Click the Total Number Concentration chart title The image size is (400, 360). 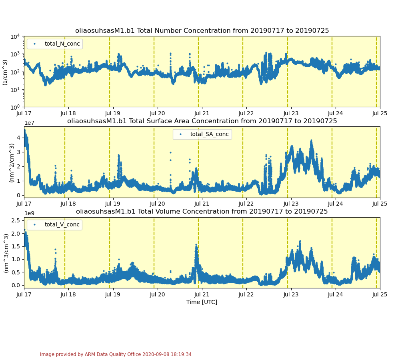202,31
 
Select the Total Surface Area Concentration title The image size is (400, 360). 202,121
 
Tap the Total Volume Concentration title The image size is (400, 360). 202,211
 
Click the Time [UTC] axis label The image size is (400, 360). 202,302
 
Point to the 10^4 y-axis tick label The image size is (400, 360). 15,37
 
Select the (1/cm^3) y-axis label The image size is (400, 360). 5,72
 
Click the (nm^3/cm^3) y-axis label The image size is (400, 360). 6,253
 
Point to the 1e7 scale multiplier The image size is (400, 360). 30,123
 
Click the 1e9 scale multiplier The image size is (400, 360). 30,214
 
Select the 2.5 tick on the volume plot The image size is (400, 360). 16,220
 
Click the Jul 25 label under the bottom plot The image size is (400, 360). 380,295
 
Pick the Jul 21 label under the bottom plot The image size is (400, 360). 202,295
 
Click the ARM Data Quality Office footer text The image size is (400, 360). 116,354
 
